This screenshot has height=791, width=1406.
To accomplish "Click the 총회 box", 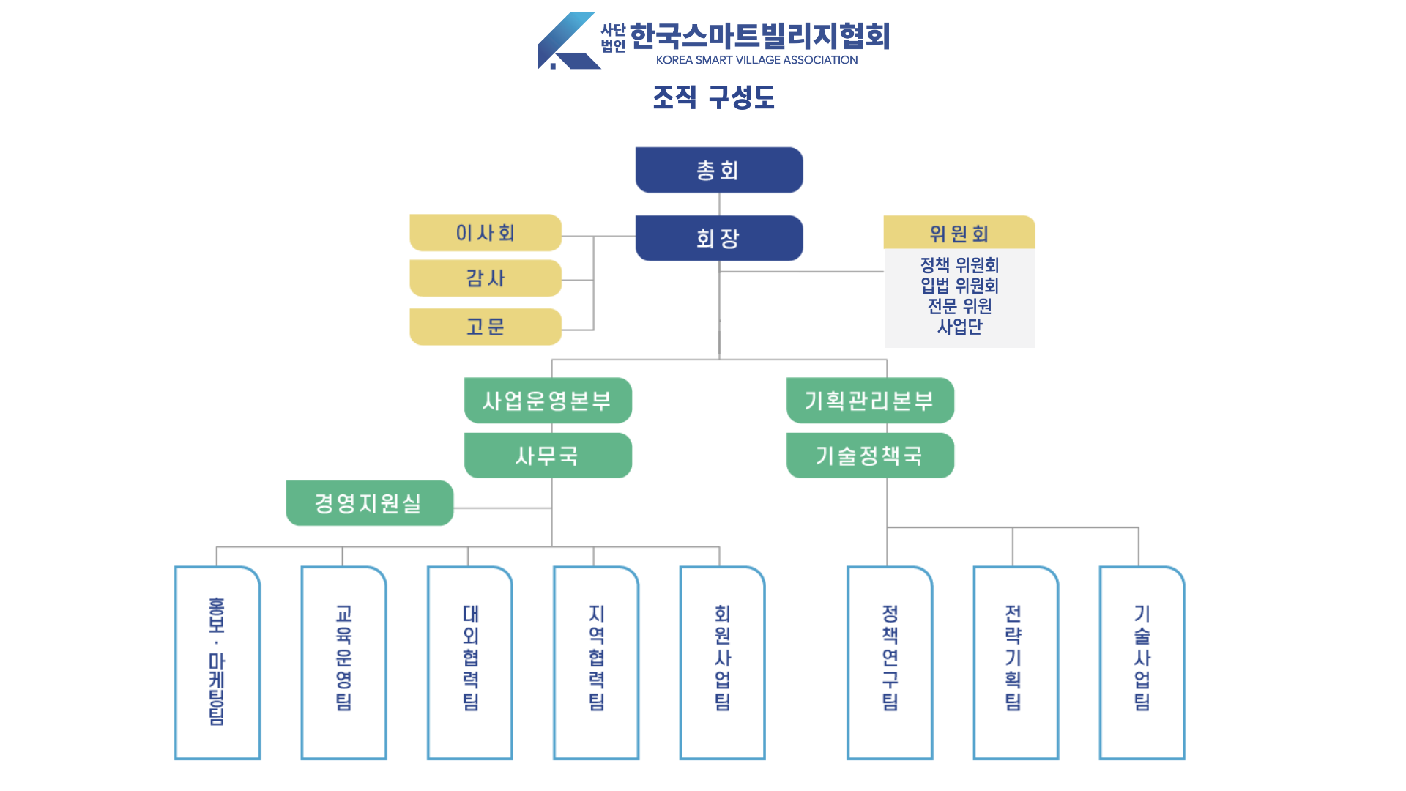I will (x=718, y=170).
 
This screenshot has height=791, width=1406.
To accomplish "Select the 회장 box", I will (x=718, y=238).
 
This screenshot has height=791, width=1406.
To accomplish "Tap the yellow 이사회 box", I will (x=486, y=233).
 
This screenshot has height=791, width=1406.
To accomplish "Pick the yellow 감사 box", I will (x=486, y=278).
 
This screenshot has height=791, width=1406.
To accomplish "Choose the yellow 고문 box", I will (x=486, y=327).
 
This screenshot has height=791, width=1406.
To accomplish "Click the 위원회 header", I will (x=959, y=233).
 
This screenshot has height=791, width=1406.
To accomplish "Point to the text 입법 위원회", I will (x=959, y=286).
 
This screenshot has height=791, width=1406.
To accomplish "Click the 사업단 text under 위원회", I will (x=959, y=327).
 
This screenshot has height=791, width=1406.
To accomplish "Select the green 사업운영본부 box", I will (x=548, y=401).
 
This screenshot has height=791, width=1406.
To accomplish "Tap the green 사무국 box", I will (x=548, y=456).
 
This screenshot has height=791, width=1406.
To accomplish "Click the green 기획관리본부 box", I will (x=870, y=401).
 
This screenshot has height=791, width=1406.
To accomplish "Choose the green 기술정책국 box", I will (x=870, y=456).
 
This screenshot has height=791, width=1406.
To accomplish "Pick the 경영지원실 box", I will (x=369, y=503).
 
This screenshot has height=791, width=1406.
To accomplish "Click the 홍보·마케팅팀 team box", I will (x=217, y=663).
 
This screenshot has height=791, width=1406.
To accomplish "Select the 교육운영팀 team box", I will (x=343, y=663).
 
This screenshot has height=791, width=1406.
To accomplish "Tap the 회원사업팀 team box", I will (x=722, y=663).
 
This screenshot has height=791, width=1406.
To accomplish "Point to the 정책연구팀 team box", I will (x=890, y=663).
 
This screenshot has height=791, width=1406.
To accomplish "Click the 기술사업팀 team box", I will (x=1142, y=663).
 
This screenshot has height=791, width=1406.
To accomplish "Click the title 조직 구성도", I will (x=713, y=97).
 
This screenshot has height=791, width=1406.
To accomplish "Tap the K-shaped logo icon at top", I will (x=568, y=41).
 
